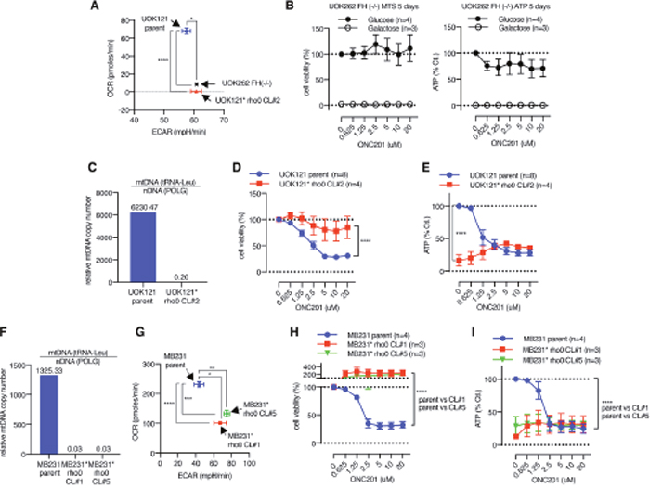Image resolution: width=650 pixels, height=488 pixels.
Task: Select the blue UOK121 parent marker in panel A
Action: (186, 32)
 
